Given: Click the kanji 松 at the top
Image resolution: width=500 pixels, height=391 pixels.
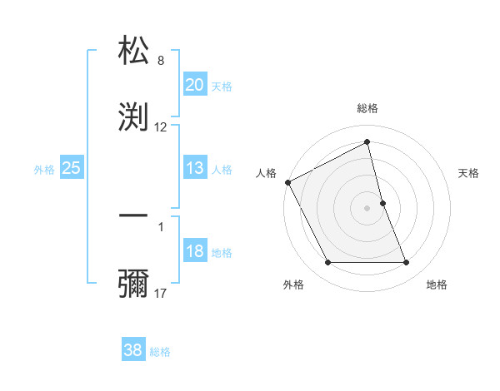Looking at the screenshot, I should point(134,50).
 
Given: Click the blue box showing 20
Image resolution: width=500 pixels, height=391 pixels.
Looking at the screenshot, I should point(195,85).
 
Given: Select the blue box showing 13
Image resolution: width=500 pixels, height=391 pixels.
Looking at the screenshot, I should point(195,169).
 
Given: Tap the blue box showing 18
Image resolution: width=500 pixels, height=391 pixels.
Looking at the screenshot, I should point(195,252).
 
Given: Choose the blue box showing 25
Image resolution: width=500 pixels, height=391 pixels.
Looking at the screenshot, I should point(72,169).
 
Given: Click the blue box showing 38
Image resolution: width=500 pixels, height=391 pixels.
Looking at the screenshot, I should point(133,350).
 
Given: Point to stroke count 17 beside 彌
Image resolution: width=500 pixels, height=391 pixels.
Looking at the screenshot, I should point(162,293).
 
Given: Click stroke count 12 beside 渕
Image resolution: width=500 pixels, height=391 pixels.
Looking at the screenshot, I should point(161,127).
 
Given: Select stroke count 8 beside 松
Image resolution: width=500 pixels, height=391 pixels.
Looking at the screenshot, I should point(161,61).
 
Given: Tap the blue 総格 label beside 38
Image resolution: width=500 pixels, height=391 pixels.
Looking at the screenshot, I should point(160,352).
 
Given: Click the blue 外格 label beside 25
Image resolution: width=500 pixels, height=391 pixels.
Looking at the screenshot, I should point(44,170).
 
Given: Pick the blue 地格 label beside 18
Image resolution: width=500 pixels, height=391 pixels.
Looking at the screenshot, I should point(222,253).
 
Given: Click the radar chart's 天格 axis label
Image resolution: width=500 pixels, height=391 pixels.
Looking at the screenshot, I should point(469,173).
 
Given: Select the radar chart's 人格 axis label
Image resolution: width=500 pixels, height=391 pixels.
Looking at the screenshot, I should point(266,173).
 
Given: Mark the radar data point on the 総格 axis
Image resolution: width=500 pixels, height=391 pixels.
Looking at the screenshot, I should point(367,142).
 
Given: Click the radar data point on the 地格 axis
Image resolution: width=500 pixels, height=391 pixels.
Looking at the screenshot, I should point(407,263).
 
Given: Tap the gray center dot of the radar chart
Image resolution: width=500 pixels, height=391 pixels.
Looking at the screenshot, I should point(367,207).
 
